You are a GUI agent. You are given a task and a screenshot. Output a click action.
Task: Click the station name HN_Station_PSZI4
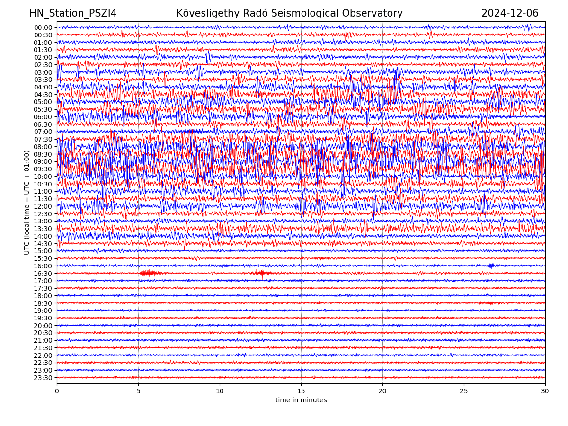[73, 14]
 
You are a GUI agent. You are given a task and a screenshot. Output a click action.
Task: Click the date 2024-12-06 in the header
[510, 14]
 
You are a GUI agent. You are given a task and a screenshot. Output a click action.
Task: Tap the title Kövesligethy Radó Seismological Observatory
[289, 14]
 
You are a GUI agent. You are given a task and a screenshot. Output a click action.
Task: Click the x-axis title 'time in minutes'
[301, 400]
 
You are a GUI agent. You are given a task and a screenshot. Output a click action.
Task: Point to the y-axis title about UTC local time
[27, 202]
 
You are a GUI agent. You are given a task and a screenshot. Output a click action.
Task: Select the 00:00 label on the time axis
[43, 27]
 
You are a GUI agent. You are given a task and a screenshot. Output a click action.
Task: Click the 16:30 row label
[43, 274]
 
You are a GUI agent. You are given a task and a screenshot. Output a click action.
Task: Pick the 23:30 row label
[43, 378]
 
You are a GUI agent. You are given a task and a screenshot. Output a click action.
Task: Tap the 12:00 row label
[43, 206]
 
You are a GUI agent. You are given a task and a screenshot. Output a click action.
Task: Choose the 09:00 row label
[43, 161]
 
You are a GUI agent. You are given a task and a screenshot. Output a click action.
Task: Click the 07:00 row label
[43, 132]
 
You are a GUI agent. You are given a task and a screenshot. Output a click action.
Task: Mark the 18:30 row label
[43, 303]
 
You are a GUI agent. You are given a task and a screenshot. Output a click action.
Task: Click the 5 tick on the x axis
[138, 391]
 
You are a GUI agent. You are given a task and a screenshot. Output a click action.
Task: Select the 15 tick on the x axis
[301, 391]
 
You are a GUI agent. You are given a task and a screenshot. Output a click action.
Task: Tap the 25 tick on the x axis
[464, 391]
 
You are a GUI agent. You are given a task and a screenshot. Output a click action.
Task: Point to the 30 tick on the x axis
[545, 391]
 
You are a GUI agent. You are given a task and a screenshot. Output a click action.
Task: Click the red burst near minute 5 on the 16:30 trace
[149, 273]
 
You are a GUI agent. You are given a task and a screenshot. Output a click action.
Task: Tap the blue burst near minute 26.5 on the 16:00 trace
[491, 266]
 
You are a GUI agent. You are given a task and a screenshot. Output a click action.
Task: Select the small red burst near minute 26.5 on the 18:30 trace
[488, 303]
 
